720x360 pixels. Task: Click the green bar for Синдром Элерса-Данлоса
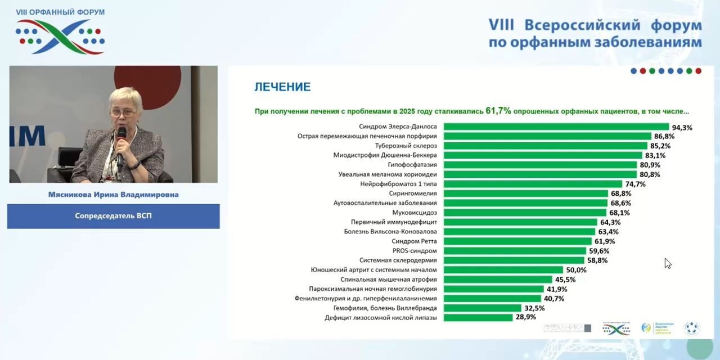[x=556, y=127]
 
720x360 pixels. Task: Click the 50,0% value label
[x=576, y=270]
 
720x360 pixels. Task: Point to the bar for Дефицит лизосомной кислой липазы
[x=478, y=318]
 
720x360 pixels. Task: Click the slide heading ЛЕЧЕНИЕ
[x=282, y=87]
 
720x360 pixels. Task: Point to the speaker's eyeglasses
[x=123, y=112]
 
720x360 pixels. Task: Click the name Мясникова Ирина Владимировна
[x=113, y=195]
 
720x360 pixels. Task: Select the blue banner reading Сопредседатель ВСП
[x=113, y=216]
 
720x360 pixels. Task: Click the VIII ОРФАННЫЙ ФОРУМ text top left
[x=60, y=12]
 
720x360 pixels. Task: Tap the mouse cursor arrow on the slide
[x=667, y=263]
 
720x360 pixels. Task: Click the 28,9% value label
[x=525, y=317]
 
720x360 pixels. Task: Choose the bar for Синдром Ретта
[x=517, y=241]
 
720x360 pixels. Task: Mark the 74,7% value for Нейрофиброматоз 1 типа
[x=635, y=184]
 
